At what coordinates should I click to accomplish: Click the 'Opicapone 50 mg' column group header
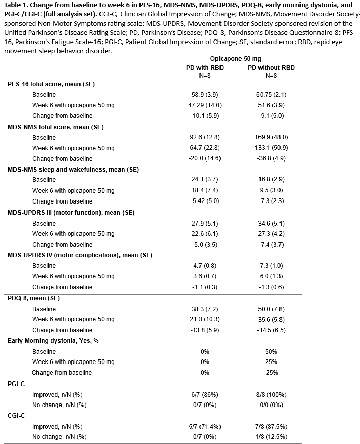point(238,59)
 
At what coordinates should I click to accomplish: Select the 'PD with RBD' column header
point(204,68)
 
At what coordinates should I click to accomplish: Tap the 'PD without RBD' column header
point(271,68)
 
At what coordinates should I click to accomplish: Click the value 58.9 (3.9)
point(204,95)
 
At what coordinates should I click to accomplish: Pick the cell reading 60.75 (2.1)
point(271,95)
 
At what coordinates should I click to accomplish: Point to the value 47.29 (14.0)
point(204,105)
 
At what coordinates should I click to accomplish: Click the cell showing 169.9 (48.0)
point(271,137)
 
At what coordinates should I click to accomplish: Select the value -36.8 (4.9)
point(271,159)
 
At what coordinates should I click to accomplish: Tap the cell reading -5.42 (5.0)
point(204,201)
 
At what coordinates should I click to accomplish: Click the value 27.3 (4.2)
point(271,234)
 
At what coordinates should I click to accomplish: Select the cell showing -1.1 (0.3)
point(204,287)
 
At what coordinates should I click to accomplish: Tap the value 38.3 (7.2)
point(204,309)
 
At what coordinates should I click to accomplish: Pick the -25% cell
point(271,373)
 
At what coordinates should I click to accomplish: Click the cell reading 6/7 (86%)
point(204,394)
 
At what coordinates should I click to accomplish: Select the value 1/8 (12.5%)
point(271,437)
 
